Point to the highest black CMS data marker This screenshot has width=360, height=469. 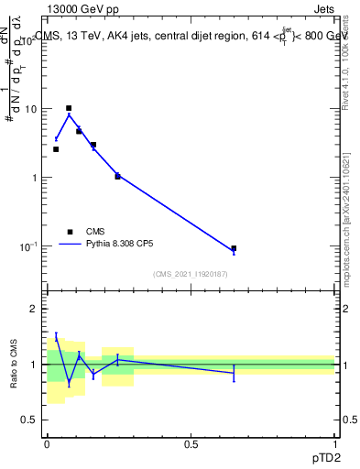[x=69, y=108]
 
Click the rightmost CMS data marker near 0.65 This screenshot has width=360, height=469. [x=234, y=248]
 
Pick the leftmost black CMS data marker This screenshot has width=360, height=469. [x=56, y=149]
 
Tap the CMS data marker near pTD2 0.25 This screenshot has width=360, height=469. [x=117, y=176]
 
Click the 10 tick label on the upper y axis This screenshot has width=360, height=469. [x=29, y=109]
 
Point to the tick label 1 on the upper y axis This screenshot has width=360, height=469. [x=34, y=178]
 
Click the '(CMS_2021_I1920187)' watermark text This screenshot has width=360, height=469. [x=190, y=273]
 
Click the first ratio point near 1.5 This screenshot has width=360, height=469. [x=56, y=337]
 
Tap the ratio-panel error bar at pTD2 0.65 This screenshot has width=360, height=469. [x=234, y=372]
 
